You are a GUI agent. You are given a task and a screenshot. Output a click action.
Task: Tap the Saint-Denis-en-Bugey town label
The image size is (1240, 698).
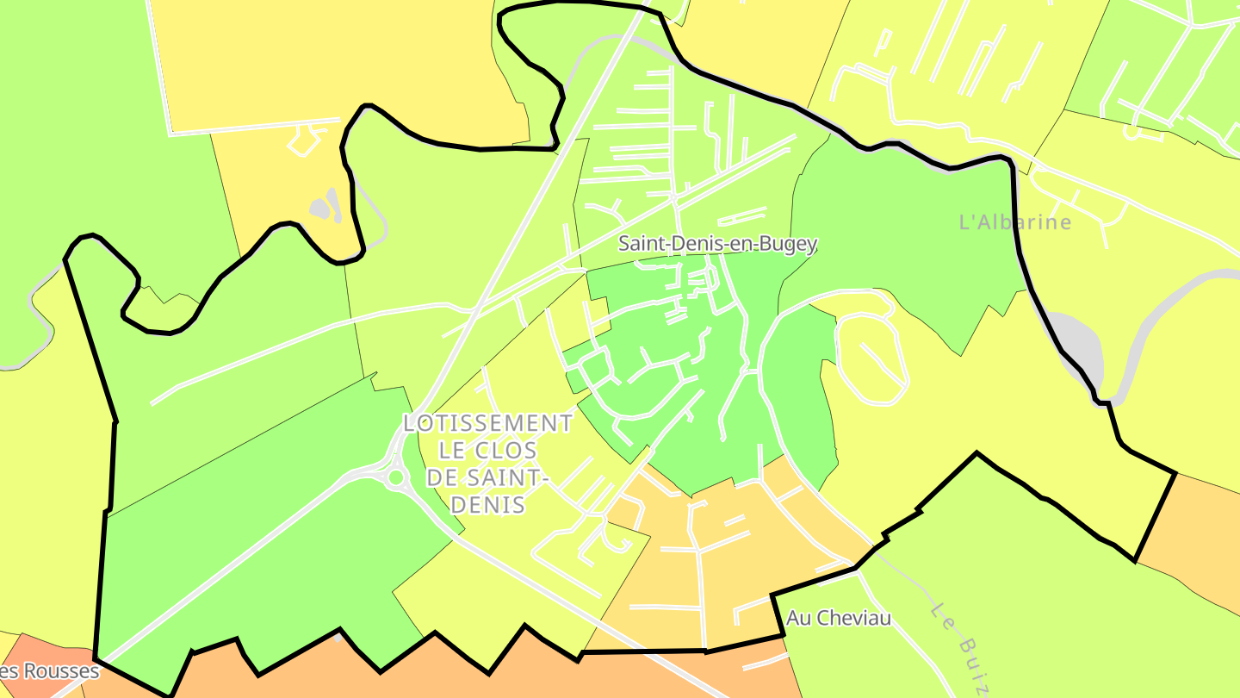pyautogui.click(x=717, y=244)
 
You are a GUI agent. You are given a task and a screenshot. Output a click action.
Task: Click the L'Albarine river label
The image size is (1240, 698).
pyautogui.click(x=1015, y=222)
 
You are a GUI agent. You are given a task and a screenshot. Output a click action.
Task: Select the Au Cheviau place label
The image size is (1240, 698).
pyautogui.click(x=838, y=618)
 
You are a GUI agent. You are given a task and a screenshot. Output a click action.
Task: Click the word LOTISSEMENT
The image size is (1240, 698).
pyautogui.click(x=487, y=423)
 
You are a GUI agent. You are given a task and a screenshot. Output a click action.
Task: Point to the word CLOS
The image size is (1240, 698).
pyautogui.click(x=503, y=451)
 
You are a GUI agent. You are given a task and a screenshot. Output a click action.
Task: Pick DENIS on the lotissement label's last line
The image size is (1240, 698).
pyautogui.click(x=487, y=504)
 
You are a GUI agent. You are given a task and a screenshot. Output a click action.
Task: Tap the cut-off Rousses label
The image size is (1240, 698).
pyautogui.click(x=50, y=670)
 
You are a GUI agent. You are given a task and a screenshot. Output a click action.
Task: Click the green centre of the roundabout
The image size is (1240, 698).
pyautogui.click(x=396, y=477)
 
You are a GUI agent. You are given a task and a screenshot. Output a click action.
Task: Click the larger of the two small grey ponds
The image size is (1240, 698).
pyautogui.click(x=319, y=208)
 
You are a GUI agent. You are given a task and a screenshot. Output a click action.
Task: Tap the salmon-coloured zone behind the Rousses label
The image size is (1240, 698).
pyautogui.click(x=34, y=655)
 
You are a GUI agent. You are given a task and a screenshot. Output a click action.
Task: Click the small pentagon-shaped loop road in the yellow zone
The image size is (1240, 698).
pyautogui.click(x=302, y=140)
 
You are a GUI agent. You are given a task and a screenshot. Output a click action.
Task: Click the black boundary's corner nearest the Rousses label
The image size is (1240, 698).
pyautogui.click(x=96, y=660)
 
